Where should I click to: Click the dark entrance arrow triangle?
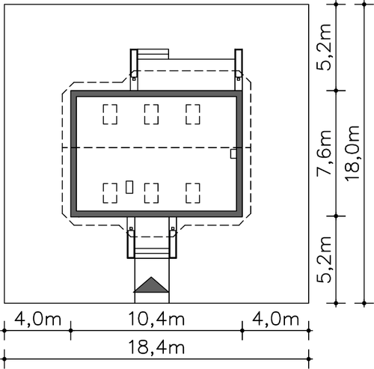coord(151,286)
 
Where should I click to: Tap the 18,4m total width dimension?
coord(156,347)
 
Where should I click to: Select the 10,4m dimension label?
coord(156,319)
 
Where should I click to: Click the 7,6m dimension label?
coord(324,153)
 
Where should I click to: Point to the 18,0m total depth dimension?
coord(352,153)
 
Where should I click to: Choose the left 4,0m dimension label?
coord(37,319)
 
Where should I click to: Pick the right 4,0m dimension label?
coord(275,319)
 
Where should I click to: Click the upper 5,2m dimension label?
coord(324,47)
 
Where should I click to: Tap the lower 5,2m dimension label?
coord(324,260)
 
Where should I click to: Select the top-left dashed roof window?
coord(110,115)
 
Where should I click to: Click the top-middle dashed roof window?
coord(151,115)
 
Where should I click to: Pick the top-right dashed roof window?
coord(193,115)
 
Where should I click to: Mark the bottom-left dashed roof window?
coord(110,193)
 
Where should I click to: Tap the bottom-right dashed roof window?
coord(193,193)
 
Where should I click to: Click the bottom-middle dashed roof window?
coord(151,193)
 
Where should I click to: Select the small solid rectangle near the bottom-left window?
coord(129,187)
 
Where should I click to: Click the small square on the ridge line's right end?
coord(233,153)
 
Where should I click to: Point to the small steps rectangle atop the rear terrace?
coord(153,54)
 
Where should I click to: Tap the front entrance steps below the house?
coord(152,253)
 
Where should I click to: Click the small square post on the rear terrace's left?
coord(134,79)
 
